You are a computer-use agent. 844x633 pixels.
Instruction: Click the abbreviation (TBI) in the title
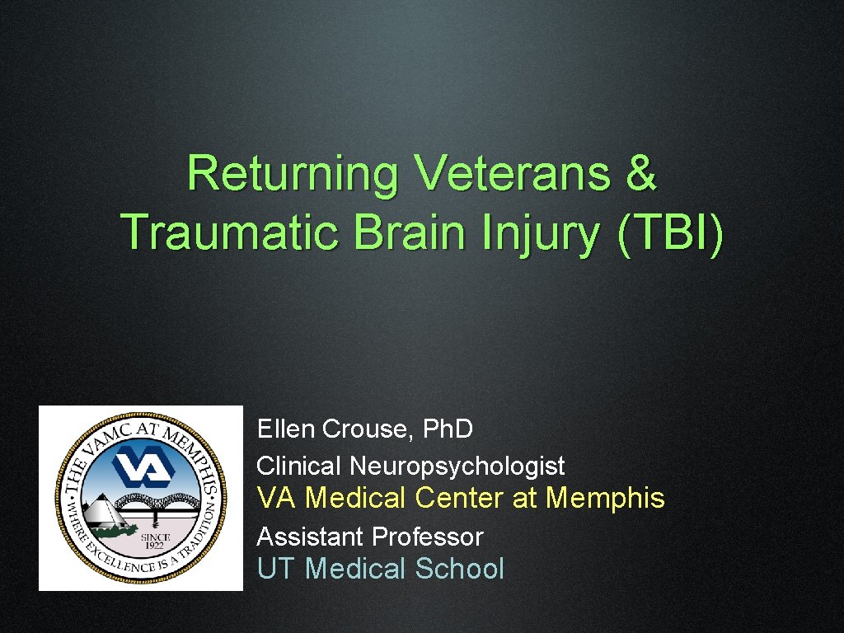(669, 234)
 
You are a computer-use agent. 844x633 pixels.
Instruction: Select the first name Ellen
(286, 429)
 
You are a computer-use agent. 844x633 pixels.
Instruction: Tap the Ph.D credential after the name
(447, 429)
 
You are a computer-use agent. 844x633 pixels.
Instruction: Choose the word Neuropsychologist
(457, 467)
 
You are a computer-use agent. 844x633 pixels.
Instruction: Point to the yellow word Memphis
(605, 499)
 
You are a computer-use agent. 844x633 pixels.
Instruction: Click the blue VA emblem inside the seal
(142, 467)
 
